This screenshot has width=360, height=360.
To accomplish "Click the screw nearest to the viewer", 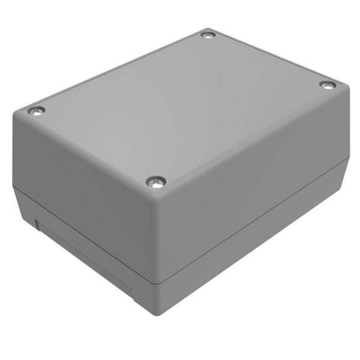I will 156,181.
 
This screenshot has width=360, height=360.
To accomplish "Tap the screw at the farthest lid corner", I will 208,35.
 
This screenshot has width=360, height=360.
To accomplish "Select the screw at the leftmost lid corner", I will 37,111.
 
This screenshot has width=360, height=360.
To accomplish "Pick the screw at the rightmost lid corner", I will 326,85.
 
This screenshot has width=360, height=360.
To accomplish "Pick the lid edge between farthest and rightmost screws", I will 270,57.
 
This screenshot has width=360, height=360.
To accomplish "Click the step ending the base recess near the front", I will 133,291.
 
